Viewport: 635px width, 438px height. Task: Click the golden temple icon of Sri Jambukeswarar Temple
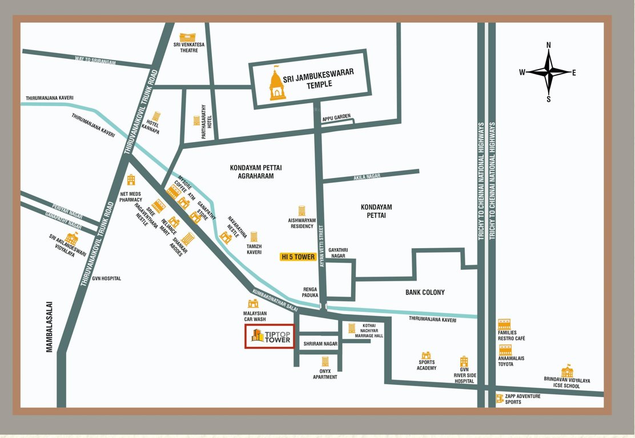coord(278,84)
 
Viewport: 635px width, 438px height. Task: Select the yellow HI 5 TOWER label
coord(298,257)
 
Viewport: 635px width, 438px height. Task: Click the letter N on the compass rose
coord(548,45)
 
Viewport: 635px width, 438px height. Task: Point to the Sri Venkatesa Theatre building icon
coord(187,38)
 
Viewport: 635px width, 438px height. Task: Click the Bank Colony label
coord(425,293)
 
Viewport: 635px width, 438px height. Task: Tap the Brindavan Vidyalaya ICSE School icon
coord(566,371)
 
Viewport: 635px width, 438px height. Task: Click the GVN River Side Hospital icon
coord(464,362)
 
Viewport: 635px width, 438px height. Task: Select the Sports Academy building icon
coord(426,355)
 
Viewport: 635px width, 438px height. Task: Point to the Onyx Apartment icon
coord(325,362)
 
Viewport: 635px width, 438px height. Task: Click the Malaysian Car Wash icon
coord(252,303)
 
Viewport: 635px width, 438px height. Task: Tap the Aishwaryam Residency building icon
coord(302,211)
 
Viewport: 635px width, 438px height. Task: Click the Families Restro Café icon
coord(504,325)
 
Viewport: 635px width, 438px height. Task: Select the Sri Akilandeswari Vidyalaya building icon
coord(71,238)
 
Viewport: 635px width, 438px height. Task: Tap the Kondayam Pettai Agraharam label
coord(256,172)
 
